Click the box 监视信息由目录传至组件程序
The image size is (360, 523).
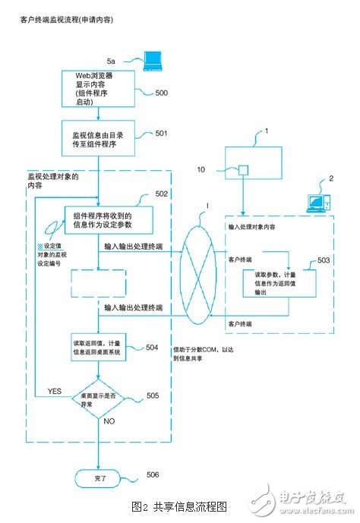(x=98, y=140)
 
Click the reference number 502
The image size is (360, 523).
(x=161, y=194)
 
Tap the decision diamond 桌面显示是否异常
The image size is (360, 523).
(x=99, y=400)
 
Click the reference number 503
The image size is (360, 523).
(x=324, y=260)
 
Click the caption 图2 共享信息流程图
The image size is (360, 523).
(x=179, y=506)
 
